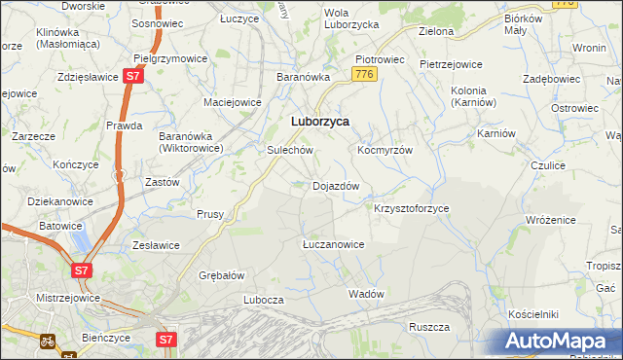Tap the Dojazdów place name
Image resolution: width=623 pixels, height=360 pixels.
coord(336,185)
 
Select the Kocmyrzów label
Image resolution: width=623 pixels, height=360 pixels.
coord(385,151)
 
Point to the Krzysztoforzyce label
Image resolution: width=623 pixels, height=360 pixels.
coord(412,208)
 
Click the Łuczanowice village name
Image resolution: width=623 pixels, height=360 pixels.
coord(333,244)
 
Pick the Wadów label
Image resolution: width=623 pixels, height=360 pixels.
coord(367,293)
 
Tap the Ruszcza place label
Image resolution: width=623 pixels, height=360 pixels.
coord(428,327)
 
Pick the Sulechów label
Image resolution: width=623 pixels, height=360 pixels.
coord(289,151)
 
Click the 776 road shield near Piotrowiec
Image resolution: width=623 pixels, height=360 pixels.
coord(364,75)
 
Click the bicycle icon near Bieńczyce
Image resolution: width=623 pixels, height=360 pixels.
coord(46,342)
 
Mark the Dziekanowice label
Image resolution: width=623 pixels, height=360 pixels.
coord(47,201)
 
